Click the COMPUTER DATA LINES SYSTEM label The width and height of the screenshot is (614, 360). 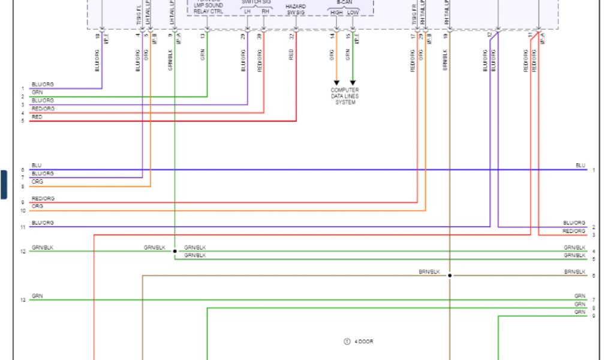click(x=345, y=96)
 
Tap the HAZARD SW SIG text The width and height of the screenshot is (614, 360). click(x=296, y=9)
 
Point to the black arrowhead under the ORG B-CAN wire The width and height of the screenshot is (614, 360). click(x=336, y=82)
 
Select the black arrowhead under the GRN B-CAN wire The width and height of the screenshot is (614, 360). click(x=353, y=82)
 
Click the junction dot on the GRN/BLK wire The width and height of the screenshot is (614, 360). click(x=174, y=251)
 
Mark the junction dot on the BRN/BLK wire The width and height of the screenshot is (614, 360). click(x=450, y=275)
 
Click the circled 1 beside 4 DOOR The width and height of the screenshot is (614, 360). click(x=347, y=341)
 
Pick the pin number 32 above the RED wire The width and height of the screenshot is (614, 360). click(x=291, y=36)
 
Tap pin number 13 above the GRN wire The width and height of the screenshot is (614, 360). click(x=203, y=36)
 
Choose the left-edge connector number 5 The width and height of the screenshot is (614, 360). click(x=23, y=121)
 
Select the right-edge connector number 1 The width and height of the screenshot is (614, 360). click(x=594, y=170)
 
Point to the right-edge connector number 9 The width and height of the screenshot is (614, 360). click(x=594, y=316)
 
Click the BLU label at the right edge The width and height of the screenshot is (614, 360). click(x=580, y=165)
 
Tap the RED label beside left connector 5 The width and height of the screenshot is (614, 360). click(x=37, y=117)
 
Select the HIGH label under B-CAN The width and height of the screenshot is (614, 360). click(x=336, y=12)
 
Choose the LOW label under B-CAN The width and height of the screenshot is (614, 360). click(x=353, y=12)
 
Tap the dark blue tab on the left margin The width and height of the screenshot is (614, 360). click(x=4, y=184)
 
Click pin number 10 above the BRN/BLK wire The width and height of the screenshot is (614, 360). click(x=446, y=36)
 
